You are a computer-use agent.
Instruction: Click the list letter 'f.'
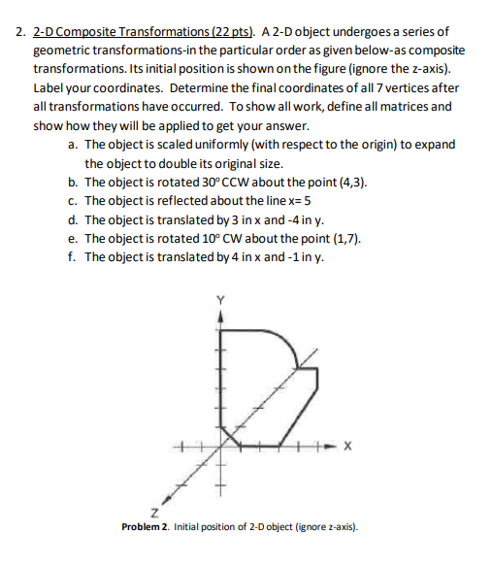coord(74,257)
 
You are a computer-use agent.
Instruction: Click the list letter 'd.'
coord(74,220)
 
